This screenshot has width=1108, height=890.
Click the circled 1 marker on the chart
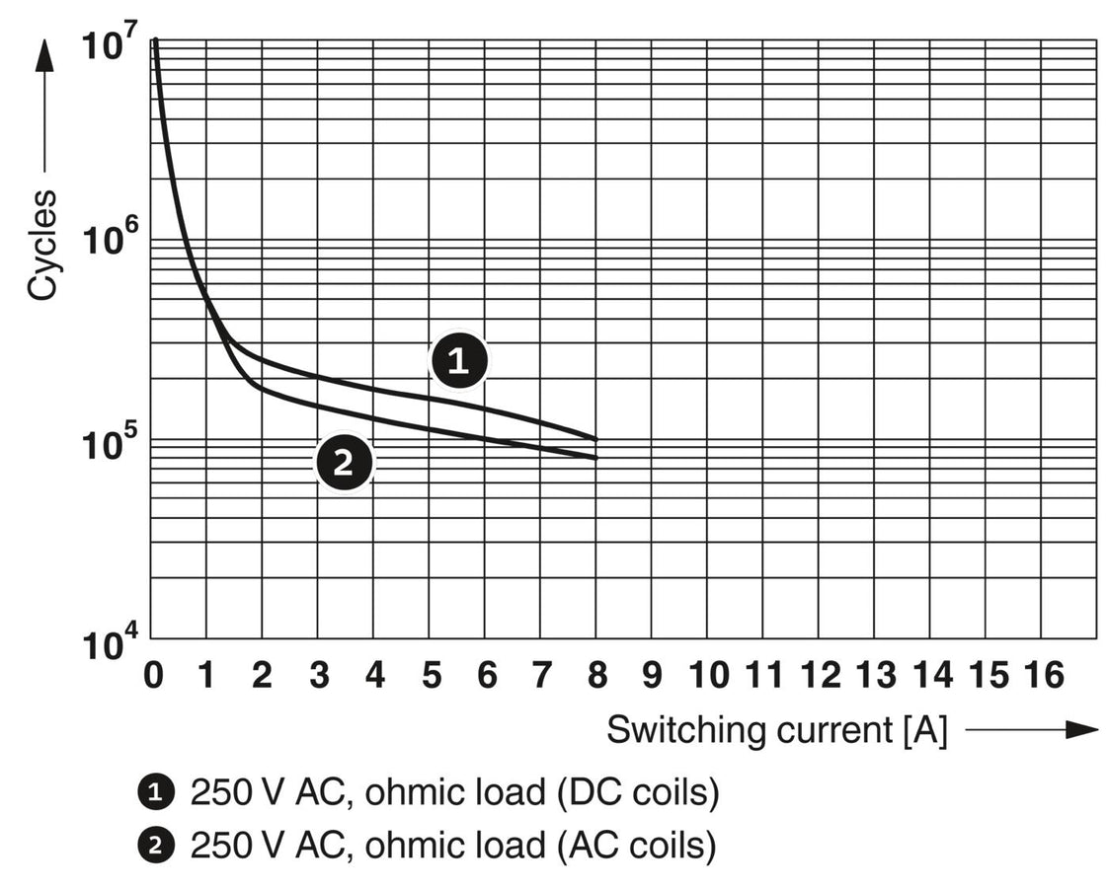coord(458,361)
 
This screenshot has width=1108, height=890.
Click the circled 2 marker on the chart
coord(344,462)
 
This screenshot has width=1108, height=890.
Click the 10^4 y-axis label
coord(111,645)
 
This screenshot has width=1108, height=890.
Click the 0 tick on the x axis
coord(152,676)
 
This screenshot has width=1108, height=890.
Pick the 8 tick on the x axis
coord(596,676)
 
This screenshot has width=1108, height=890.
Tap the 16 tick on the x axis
coord(1043,676)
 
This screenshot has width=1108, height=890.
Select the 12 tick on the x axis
coord(820,676)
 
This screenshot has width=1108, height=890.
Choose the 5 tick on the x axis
coord(430,676)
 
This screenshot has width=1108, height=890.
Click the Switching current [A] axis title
coord(776,731)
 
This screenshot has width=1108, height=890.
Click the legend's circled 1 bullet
coord(154,791)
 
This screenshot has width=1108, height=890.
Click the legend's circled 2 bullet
coord(154,845)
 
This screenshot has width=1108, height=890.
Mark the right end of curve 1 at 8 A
coord(595,438)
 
